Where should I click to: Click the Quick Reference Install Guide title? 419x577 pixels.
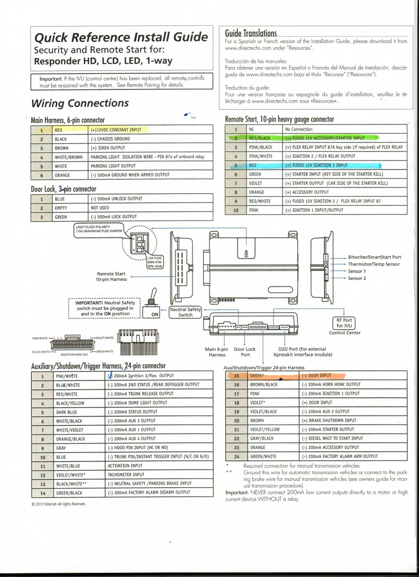(121, 37)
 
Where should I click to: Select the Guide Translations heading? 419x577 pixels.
(251, 33)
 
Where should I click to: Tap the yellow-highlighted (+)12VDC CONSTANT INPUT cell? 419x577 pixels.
(119, 130)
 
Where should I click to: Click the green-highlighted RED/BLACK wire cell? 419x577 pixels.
(260, 138)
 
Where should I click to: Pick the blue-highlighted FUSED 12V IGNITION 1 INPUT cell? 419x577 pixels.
(332, 165)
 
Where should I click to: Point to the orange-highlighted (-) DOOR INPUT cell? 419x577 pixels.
(323, 376)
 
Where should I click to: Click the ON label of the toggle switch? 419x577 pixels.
(155, 314)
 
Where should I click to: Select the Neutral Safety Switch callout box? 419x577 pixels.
(185, 312)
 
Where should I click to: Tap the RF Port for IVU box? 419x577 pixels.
(344, 323)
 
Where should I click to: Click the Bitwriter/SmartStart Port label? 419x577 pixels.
(374, 257)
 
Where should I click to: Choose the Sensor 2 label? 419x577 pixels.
(357, 278)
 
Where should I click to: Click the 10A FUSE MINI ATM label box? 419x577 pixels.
(155, 262)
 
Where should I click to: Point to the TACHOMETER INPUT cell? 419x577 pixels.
(126, 475)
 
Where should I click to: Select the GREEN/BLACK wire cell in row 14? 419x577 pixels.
(69, 493)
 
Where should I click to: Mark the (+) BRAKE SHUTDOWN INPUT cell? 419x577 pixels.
(332, 420)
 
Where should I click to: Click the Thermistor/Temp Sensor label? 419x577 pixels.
(374, 264)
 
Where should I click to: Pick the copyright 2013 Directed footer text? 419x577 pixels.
(58, 504)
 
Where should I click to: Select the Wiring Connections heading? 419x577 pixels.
(80, 103)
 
